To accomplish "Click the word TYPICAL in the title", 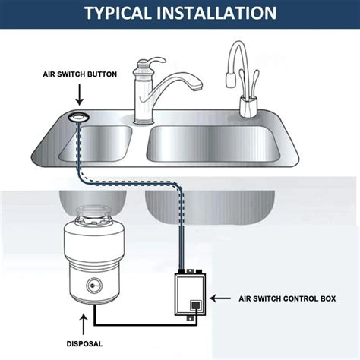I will tap(122, 13).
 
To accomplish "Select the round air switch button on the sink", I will tap(78, 115).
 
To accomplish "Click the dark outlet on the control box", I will tap(195, 307).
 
